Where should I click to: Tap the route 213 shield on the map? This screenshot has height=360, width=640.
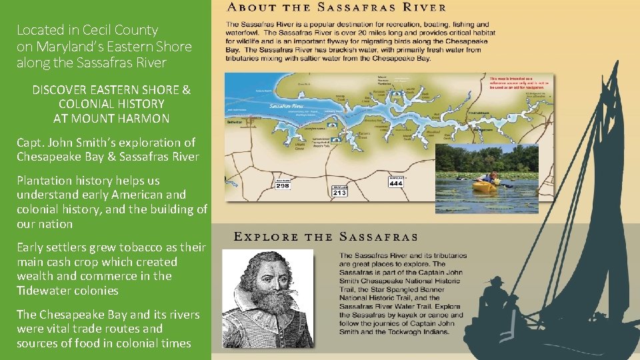[340, 191]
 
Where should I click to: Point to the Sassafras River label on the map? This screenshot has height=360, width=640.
[287, 105]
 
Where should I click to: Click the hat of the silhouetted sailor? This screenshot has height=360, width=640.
[496, 281]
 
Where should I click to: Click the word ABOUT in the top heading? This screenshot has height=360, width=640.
[253, 8]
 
